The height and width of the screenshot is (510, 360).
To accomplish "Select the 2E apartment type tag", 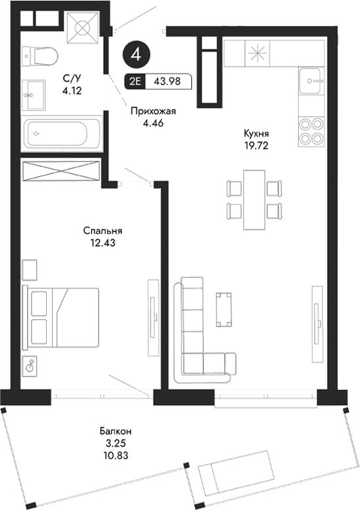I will [135, 81].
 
